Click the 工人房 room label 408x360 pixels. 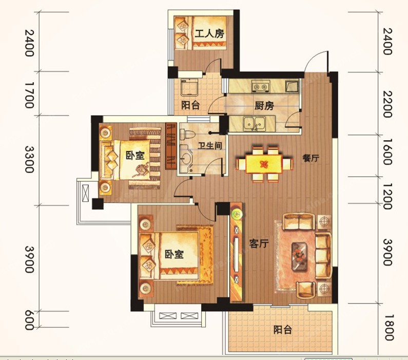[x=209, y=33]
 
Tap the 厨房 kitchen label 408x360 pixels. [x=264, y=106]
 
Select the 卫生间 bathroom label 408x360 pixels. [x=210, y=145]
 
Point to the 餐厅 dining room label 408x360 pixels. [x=310, y=158]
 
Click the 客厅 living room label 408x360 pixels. [x=259, y=243]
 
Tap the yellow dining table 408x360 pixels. [x=264, y=164]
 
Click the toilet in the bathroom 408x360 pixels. [x=187, y=135]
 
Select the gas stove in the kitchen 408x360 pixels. [x=261, y=86]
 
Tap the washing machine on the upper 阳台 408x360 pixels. [x=189, y=87]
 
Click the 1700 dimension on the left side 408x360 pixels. [x=29, y=95]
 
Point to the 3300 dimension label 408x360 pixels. [x=29, y=159]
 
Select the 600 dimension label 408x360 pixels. [x=29, y=320]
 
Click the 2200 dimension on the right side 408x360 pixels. [x=387, y=104]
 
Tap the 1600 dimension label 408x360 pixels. [x=387, y=151]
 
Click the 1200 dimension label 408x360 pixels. [x=387, y=196]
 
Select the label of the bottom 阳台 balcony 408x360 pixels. [x=283, y=330]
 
